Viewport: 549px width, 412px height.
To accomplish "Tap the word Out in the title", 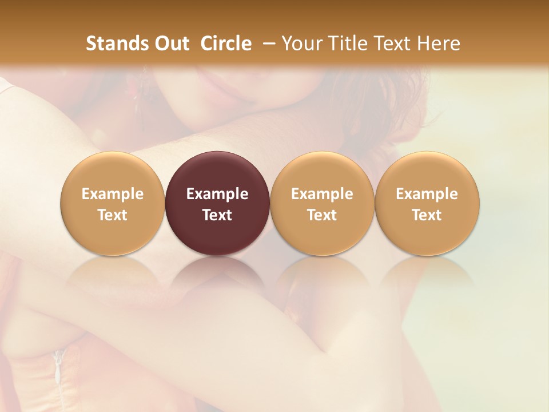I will pos(170,43).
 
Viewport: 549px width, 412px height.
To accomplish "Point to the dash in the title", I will pos(266,43).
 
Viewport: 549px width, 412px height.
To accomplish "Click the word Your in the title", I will pos(300,43).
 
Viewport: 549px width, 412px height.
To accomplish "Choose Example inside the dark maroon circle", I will pos(217,194).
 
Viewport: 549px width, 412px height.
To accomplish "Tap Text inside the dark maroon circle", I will pos(217,215).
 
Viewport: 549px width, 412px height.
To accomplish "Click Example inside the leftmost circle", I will pos(113,194).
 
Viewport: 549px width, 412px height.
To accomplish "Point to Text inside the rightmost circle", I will pos(427,215).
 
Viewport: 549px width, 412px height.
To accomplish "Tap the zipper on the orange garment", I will pos(58,366).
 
